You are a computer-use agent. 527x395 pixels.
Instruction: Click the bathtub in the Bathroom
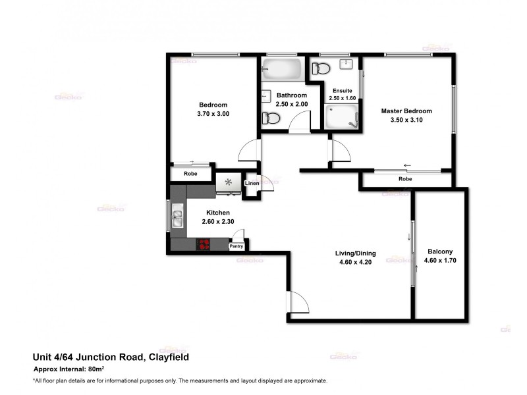282,68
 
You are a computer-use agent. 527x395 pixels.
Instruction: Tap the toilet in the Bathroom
271,118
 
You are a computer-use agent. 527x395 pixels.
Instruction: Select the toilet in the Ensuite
322,67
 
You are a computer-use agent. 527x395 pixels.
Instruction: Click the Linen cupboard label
252,183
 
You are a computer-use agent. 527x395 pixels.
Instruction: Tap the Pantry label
236,246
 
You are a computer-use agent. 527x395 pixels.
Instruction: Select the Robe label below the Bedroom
190,174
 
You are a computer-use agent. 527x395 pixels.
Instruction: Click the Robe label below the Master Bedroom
405,178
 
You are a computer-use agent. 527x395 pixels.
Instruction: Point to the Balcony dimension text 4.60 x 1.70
441,261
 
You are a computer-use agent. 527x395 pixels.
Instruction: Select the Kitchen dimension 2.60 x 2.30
218,222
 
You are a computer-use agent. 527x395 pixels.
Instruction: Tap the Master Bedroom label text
406,111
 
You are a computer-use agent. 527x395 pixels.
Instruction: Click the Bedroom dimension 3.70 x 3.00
213,114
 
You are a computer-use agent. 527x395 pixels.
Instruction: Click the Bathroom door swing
300,123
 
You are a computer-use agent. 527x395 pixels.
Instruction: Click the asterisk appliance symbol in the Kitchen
229,182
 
